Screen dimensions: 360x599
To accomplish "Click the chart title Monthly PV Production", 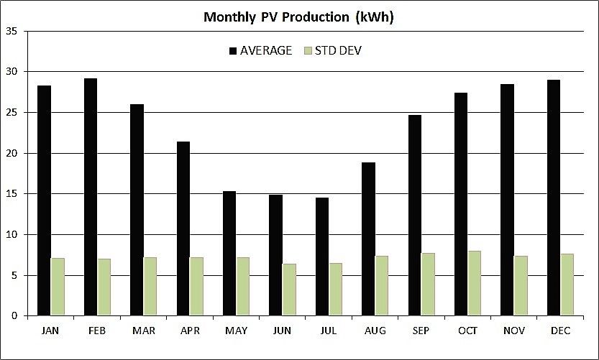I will tap(298, 17).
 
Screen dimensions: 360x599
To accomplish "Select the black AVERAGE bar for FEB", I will tap(90, 197).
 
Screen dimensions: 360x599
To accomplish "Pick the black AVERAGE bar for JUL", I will tap(321, 257).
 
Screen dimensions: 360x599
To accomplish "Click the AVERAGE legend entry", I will tap(265, 50).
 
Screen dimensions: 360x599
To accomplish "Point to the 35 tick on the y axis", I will tap(12, 31).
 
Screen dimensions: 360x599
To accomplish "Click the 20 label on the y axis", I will tap(12, 153).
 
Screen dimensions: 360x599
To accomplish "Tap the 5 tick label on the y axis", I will tap(14, 275).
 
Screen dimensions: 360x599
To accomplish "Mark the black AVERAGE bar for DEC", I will tap(553, 198).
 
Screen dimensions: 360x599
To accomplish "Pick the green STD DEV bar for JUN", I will tap(289, 290).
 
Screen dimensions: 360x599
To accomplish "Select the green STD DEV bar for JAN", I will tap(58, 287).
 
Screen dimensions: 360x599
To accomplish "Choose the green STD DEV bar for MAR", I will tap(150, 286).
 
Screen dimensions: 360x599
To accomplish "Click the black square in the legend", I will tap(233, 50).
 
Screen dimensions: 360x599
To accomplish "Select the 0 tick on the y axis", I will tap(14, 315).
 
